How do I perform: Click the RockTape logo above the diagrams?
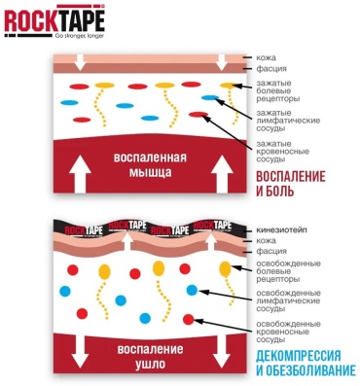point(54,21)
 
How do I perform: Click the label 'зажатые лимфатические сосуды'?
point(288,121)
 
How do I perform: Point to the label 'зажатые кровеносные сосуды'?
point(282,152)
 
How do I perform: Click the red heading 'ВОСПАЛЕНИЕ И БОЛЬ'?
point(291,184)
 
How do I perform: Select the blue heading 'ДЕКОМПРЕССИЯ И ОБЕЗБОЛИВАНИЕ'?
point(306,363)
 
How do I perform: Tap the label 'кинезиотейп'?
point(281,230)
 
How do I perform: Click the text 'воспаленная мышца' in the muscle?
point(150,165)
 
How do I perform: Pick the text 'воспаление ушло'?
point(150,357)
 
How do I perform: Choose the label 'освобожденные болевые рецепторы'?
point(288,271)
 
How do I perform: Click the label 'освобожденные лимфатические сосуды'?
point(288,301)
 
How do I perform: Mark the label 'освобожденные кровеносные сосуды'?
point(288,332)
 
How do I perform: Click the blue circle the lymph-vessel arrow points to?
point(192,290)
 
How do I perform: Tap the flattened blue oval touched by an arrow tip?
point(210,97)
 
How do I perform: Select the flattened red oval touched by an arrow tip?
point(198,114)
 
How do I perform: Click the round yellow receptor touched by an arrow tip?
point(225,268)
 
